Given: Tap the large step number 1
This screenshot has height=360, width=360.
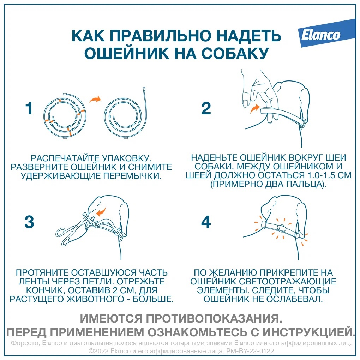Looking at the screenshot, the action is (29, 108).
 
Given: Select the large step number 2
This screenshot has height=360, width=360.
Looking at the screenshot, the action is (206, 108).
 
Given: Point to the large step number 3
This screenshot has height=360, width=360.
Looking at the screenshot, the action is (29, 222).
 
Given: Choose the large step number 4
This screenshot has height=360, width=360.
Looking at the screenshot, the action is (206, 222).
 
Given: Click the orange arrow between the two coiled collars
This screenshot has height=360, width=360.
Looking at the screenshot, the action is (95, 99).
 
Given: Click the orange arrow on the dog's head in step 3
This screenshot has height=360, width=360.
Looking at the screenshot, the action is (101, 212).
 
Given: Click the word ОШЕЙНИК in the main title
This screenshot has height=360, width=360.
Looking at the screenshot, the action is (127, 53).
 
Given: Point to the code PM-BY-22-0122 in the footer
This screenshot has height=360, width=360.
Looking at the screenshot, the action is (250, 351).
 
